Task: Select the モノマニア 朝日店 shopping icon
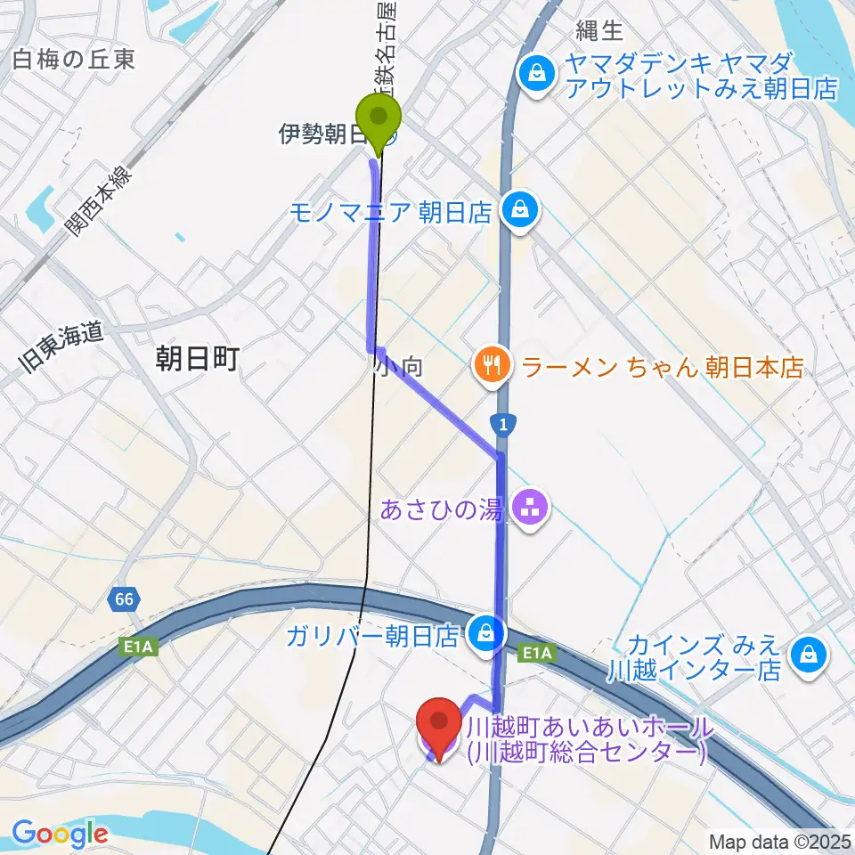click(x=517, y=210)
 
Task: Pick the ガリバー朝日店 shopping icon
click(x=487, y=634)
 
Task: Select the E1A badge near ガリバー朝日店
click(x=536, y=654)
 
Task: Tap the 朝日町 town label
click(x=198, y=360)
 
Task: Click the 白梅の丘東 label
click(x=74, y=60)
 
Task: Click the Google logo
click(x=60, y=835)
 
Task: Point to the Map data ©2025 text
click(x=778, y=841)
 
